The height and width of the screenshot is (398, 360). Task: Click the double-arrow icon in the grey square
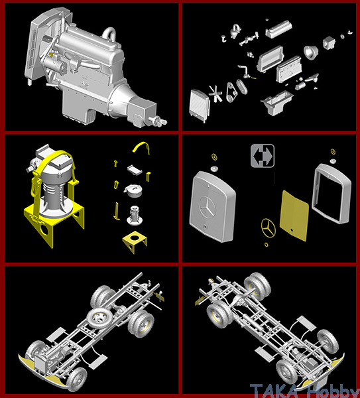pyautogui.click(x=263, y=156)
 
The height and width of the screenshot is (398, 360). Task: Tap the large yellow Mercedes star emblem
pyautogui.click(x=268, y=228)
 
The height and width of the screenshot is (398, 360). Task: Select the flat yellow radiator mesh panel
pyautogui.click(x=294, y=216)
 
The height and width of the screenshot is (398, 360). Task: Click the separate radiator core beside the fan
pyautogui.click(x=200, y=106)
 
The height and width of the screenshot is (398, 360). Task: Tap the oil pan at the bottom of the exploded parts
pyautogui.click(x=276, y=103)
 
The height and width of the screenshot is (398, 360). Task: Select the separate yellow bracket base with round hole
pyautogui.click(x=135, y=241)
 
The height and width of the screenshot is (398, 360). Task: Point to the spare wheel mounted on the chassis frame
pyautogui.click(x=99, y=318)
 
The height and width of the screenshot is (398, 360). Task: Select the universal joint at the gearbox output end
pyautogui.click(x=158, y=121)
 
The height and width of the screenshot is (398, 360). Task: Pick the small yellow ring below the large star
pyautogui.click(x=266, y=245)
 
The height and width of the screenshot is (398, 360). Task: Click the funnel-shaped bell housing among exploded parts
pyautogui.click(x=311, y=52)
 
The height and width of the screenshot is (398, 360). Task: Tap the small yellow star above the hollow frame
pyautogui.click(x=333, y=152)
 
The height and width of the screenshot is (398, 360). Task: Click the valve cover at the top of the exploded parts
pyautogui.click(x=278, y=29)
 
